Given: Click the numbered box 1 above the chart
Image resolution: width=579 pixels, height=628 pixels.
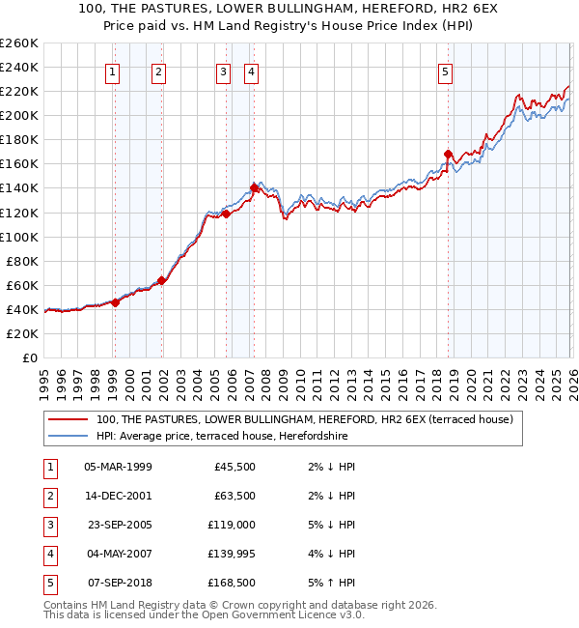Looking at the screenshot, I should point(114,71).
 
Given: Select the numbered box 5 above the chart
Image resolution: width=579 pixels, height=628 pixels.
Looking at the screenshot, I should point(446,71).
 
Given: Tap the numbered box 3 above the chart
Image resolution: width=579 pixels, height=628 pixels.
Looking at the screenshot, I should point(224,71).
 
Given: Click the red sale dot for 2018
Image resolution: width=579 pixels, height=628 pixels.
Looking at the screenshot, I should point(448,154).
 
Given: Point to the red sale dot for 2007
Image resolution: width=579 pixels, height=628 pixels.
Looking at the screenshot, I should point(254,187).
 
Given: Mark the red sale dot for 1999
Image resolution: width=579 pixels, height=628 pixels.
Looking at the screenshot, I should point(115,302).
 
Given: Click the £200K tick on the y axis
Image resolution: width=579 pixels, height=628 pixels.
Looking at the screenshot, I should point(18,115).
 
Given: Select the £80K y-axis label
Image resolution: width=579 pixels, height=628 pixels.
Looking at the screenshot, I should point(21,261).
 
